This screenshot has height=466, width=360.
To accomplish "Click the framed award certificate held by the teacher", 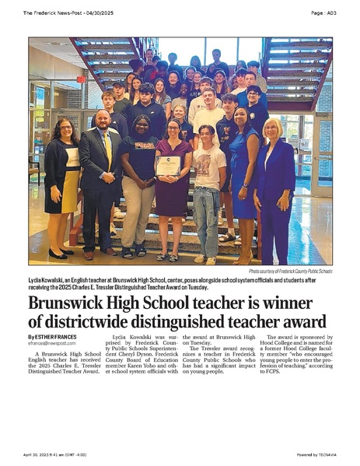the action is pyautogui.click(x=168, y=164).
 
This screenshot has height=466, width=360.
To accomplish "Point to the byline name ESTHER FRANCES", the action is pyautogui.click(x=56, y=335).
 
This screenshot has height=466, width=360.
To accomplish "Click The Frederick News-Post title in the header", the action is pyautogui.click(x=50, y=12).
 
